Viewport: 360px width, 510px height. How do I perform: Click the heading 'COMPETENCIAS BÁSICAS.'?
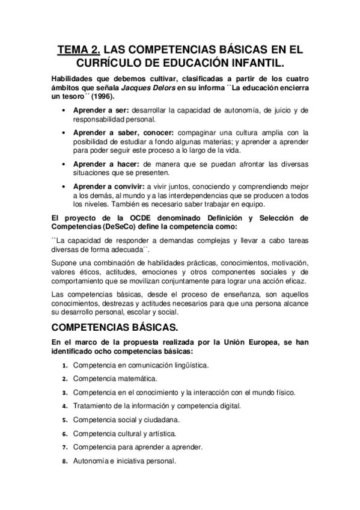click(114, 328)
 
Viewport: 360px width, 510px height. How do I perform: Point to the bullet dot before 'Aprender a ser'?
click(64, 111)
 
